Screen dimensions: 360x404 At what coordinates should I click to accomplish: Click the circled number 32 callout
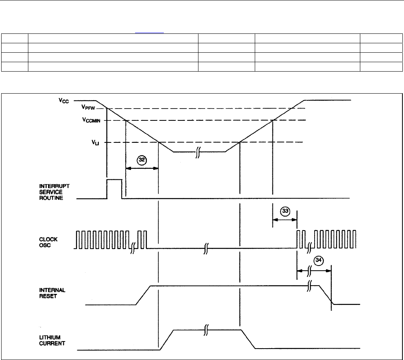tap(141, 160)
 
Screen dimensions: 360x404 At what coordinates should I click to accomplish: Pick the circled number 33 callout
tap(285, 211)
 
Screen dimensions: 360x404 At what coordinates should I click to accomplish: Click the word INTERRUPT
tap(63, 186)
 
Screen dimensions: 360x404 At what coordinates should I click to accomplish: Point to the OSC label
tap(54, 244)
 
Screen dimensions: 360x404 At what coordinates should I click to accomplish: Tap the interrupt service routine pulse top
tap(115, 179)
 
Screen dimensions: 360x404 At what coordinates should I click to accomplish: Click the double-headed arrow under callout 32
tap(142, 168)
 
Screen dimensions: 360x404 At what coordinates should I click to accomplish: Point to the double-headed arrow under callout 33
tap(284, 220)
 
